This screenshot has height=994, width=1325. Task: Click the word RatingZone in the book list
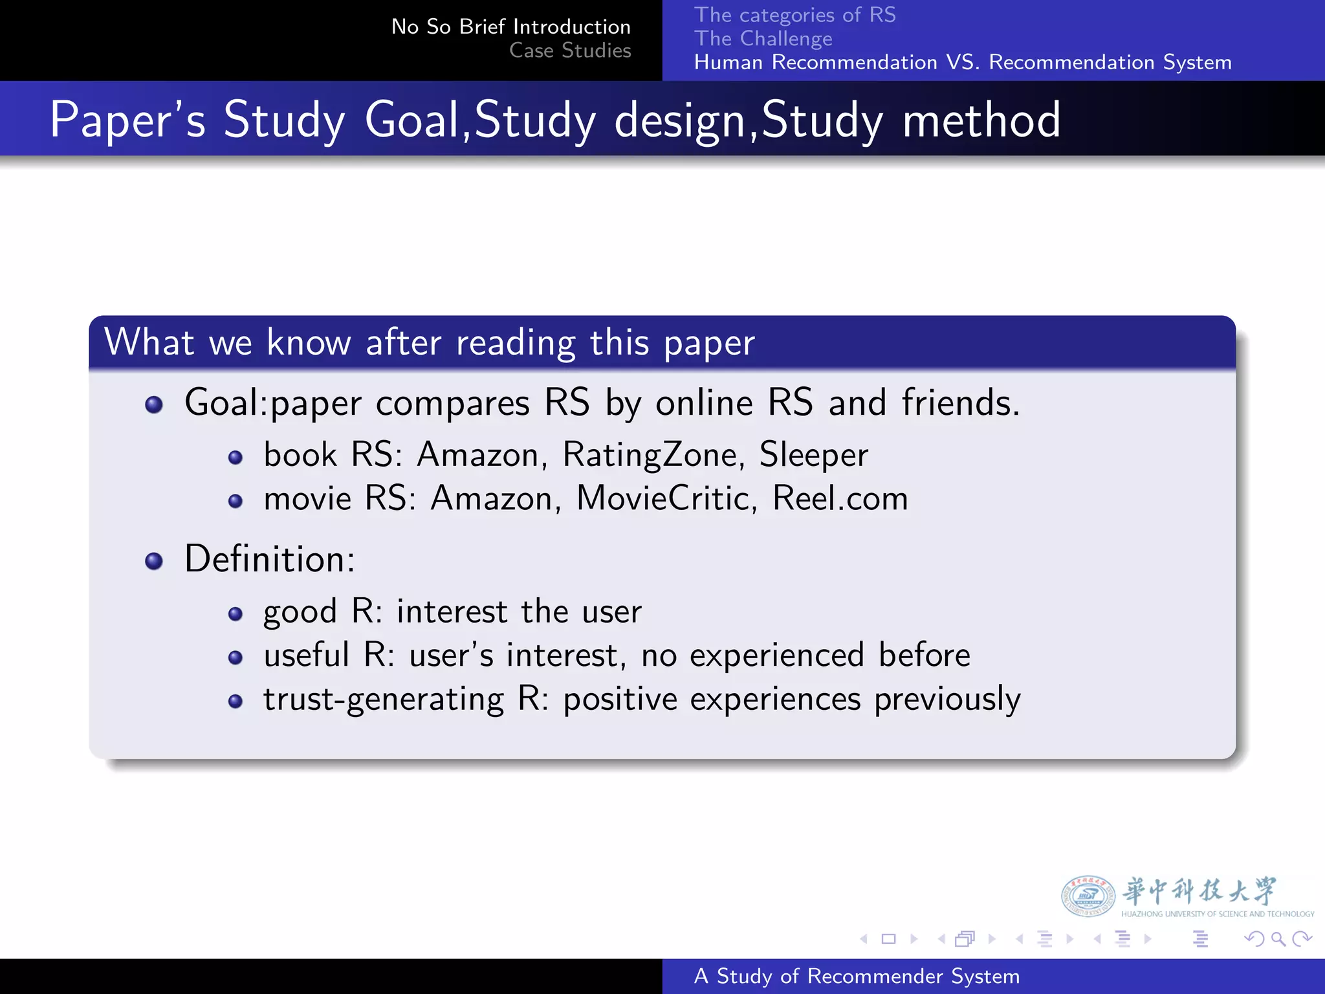pos(648,454)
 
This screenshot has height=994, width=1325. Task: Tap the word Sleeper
pos(813,454)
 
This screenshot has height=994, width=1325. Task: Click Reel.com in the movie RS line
pos(840,498)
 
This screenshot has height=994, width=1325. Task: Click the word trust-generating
pos(383,699)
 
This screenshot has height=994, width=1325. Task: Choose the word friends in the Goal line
pos(960,403)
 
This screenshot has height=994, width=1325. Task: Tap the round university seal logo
pos(1088,896)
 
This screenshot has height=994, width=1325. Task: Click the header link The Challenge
pos(763,39)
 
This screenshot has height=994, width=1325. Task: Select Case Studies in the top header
pos(569,50)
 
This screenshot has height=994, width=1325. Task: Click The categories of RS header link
pos(794,15)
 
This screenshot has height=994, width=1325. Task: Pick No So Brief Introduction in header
pos(510,27)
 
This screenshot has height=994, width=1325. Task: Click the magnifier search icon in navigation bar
pos(1278,938)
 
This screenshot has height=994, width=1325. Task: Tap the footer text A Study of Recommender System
pos(857,976)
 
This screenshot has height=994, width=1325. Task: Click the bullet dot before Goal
pos(154,405)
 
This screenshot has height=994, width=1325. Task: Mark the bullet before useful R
pos(235,658)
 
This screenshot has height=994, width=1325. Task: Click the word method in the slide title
pos(981,120)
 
